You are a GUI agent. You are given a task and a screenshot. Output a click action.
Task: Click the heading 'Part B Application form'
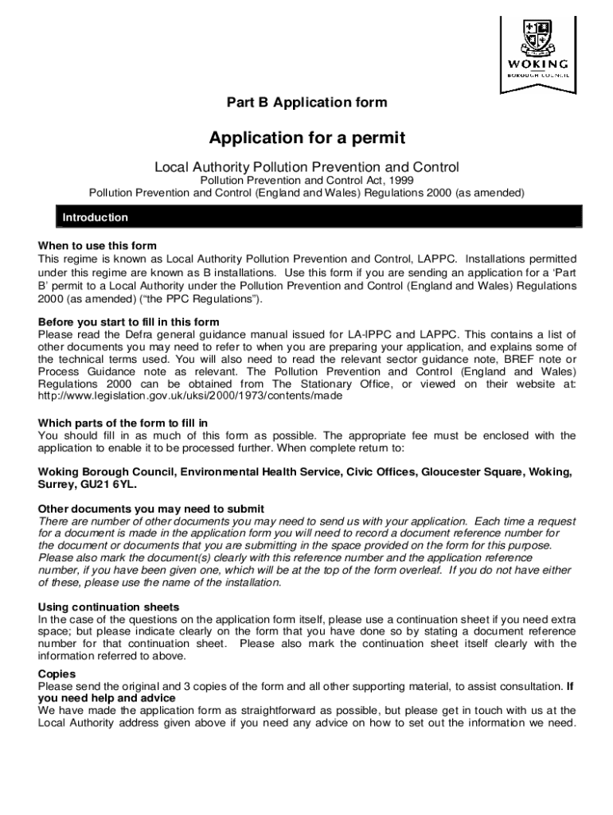pos(306,103)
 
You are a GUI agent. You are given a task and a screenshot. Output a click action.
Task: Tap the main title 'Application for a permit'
pos(306,138)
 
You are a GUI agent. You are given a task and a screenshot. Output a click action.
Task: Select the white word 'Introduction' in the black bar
pos(96,217)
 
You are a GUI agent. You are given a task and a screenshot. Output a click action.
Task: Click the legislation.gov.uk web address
pos(190,396)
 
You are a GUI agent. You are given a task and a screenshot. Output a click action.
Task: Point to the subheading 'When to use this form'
pos(98,246)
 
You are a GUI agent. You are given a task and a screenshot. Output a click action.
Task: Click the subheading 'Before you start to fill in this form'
pos(129,322)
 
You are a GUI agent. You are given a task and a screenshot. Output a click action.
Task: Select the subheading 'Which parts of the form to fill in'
pos(123,423)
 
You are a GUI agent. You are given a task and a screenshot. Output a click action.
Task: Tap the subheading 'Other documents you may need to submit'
pos(151,509)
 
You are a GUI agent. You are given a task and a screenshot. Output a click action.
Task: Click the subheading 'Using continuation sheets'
pos(109,607)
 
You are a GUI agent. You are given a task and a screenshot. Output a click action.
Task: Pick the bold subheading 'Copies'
pos(57,673)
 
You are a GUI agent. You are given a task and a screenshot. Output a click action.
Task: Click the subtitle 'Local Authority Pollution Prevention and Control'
pos(306,167)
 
